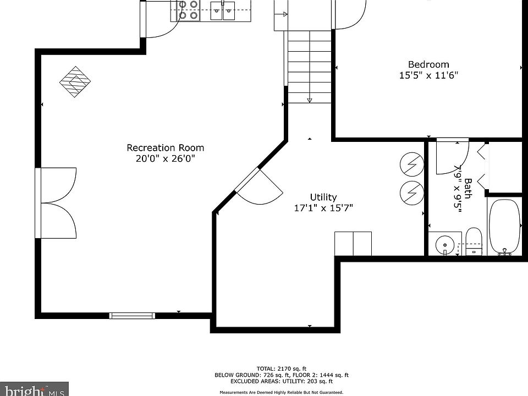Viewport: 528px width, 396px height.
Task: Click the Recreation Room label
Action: coord(166,147)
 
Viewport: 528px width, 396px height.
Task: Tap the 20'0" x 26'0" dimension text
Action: coord(166,158)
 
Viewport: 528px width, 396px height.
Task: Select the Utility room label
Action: coord(323,197)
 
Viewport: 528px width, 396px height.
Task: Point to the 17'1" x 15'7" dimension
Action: coord(323,208)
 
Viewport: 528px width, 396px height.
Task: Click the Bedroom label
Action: coord(428,64)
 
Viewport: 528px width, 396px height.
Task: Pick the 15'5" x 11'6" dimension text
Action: coord(428,75)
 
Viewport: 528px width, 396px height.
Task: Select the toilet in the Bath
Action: coord(474,241)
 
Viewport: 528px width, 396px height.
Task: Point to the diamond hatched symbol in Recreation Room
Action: coord(75,82)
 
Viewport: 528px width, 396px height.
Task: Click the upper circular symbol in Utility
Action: coord(412,164)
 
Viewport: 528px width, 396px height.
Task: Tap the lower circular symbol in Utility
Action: coord(412,193)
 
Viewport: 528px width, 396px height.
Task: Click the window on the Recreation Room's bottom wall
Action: coord(132,316)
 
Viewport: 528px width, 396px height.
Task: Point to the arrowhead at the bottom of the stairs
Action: coord(310,100)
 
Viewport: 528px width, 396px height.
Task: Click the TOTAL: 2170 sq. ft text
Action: coord(282,369)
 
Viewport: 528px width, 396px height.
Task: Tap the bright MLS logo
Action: coord(34,389)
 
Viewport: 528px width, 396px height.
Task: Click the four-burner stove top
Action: coord(188,10)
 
